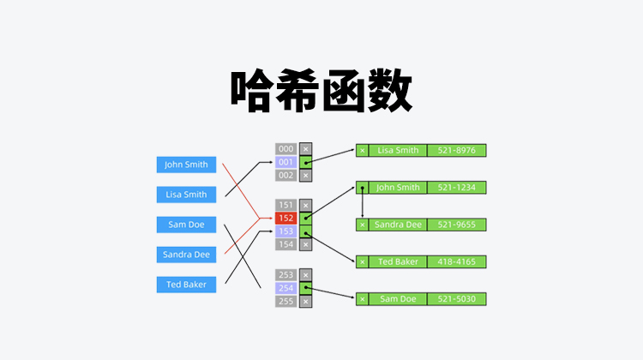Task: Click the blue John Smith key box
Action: click(x=186, y=165)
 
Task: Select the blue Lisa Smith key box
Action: click(x=186, y=195)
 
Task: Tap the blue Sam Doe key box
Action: click(x=186, y=225)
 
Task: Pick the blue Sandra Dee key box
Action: click(x=186, y=255)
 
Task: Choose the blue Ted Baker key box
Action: click(x=186, y=285)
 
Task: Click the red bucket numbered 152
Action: click(x=285, y=219)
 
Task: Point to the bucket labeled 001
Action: click(x=285, y=162)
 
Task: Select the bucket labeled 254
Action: click(x=285, y=288)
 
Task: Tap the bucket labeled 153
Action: click(x=285, y=231)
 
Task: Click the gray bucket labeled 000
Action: click(x=285, y=149)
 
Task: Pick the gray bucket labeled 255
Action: click(x=285, y=301)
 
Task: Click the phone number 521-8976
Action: click(x=456, y=150)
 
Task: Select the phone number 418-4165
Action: click(x=456, y=261)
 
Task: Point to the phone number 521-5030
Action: click(x=456, y=298)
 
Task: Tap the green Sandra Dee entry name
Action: click(x=398, y=225)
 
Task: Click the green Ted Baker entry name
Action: click(x=398, y=261)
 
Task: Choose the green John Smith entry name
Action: click(x=398, y=187)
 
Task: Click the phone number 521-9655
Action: click(x=456, y=225)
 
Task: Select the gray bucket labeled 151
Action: click(x=285, y=206)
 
